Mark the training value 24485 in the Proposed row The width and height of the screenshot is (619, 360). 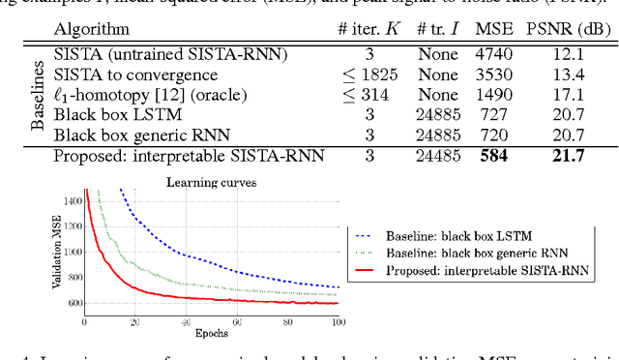tap(437, 155)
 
